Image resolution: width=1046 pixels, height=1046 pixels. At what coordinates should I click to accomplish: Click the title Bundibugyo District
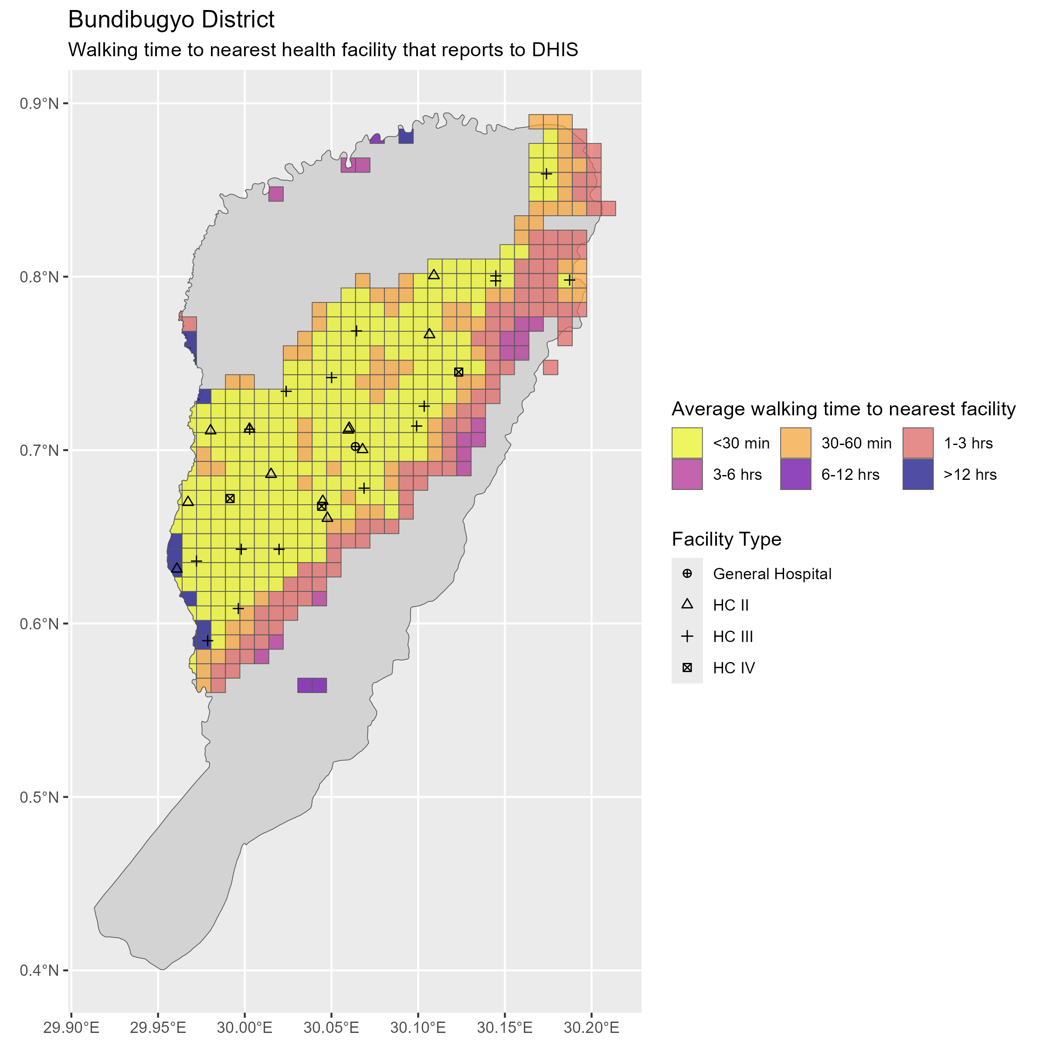(x=171, y=20)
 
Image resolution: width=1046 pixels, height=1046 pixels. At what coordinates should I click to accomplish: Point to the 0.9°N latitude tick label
(x=39, y=103)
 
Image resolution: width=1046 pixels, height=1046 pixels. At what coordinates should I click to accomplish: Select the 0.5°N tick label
(x=39, y=797)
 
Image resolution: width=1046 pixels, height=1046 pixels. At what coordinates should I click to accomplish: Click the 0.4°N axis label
(x=39, y=970)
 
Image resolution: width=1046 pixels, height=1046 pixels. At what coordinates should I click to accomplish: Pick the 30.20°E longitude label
(x=592, y=1027)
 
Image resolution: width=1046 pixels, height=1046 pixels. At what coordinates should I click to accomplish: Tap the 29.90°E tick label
(x=71, y=1027)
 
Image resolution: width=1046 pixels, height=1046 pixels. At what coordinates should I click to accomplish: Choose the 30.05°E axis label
(x=331, y=1027)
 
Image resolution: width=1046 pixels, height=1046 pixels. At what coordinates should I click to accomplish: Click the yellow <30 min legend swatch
(x=687, y=443)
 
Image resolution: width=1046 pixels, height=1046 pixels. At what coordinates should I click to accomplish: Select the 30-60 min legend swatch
(x=795, y=443)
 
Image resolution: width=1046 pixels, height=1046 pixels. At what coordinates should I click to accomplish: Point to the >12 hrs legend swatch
(x=918, y=474)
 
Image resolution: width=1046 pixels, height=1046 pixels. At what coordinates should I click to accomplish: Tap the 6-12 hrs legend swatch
(x=795, y=474)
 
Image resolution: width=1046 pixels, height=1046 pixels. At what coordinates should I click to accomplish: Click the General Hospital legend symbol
(x=687, y=574)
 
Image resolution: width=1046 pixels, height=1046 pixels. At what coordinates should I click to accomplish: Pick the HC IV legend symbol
(x=687, y=668)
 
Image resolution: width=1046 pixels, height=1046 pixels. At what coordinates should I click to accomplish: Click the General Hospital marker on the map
(x=355, y=447)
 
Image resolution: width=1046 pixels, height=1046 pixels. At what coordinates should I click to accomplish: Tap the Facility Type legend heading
(x=726, y=539)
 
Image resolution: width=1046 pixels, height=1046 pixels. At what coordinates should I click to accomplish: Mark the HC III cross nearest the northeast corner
(x=546, y=174)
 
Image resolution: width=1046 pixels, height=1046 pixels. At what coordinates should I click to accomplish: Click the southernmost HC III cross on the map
(x=208, y=641)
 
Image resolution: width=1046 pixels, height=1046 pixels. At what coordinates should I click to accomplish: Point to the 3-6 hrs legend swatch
(x=687, y=474)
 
